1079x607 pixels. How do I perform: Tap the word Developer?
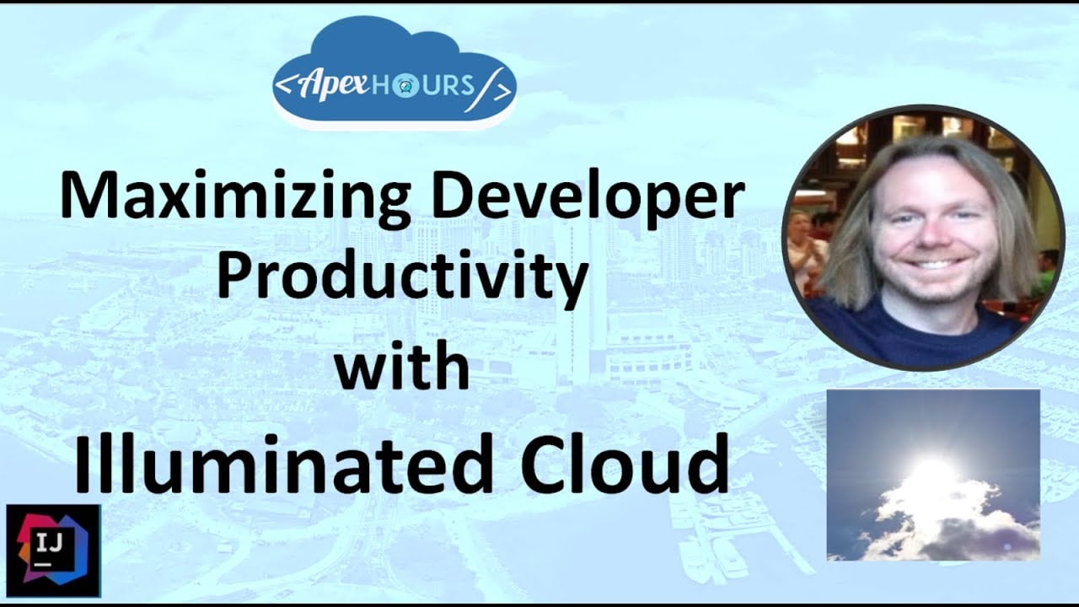click(x=588, y=197)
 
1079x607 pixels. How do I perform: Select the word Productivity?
click(x=403, y=279)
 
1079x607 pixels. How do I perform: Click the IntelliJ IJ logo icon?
click(x=53, y=551)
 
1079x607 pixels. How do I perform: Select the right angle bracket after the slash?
click(x=502, y=92)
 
